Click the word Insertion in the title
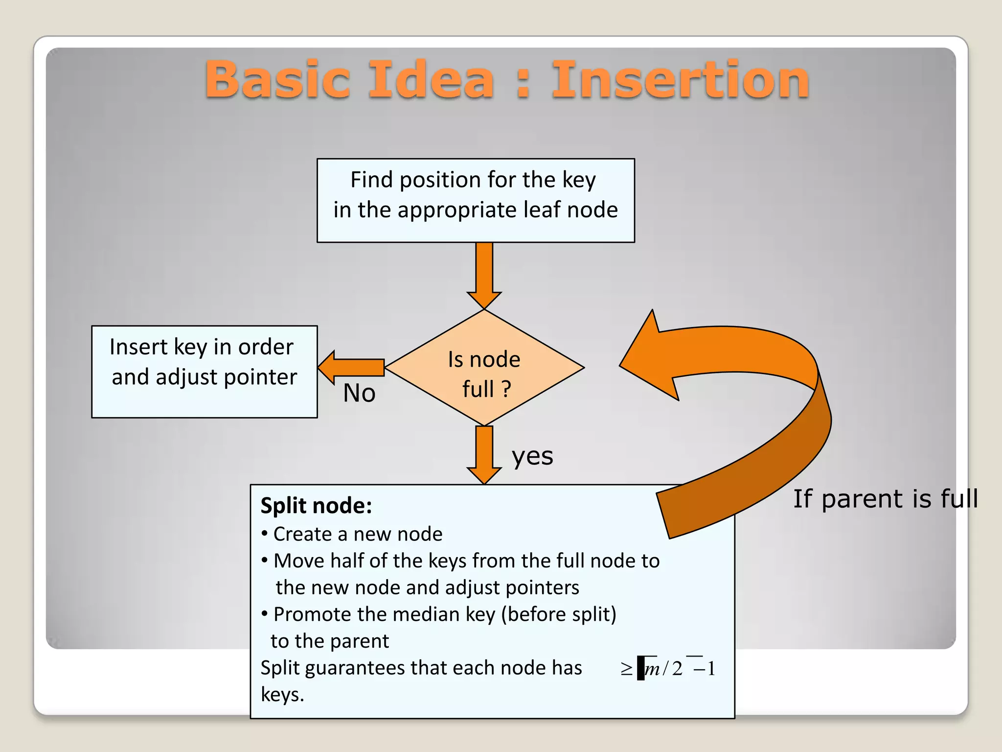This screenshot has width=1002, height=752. [680, 79]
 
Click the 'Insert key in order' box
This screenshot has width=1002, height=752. [204, 371]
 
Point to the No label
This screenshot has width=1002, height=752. [359, 393]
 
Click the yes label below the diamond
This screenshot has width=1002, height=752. [532, 456]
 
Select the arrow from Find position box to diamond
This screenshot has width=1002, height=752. [484, 274]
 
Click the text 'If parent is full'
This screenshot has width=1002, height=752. [885, 498]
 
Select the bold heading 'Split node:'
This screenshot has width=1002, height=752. [316, 505]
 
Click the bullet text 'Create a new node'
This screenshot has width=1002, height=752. [357, 534]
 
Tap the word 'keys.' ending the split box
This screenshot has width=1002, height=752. [282, 694]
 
